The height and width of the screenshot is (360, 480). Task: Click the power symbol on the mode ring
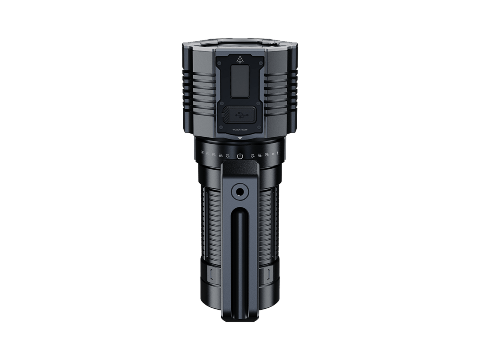(x=239, y=155)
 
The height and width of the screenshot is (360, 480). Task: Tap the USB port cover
(x=239, y=114)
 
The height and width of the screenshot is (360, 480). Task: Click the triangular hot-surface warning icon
(x=240, y=60)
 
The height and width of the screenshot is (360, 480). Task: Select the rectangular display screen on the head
(x=239, y=82)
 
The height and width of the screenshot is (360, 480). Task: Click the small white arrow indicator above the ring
(x=239, y=138)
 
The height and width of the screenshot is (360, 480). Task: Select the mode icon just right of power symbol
(x=252, y=155)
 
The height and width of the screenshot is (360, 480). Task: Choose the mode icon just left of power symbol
(x=228, y=155)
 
